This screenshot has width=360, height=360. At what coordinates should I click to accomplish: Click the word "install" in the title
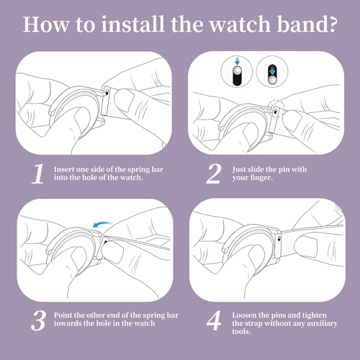(x=132, y=24)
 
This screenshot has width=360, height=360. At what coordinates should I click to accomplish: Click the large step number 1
(x=38, y=174)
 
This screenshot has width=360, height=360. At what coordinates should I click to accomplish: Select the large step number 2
(x=214, y=174)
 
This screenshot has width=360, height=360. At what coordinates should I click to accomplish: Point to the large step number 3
(x=38, y=320)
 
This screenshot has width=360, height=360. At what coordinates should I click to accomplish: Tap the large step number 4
(x=214, y=320)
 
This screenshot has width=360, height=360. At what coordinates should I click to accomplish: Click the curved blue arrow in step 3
(x=102, y=225)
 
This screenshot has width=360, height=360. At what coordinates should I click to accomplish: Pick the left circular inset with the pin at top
(x=237, y=71)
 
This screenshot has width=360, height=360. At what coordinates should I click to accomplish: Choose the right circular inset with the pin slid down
(x=272, y=71)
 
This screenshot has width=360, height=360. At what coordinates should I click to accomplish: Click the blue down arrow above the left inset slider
(x=238, y=61)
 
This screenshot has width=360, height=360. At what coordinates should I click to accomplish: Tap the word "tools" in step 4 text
(x=240, y=331)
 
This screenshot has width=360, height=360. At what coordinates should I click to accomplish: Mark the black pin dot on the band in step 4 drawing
(x=279, y=238)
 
